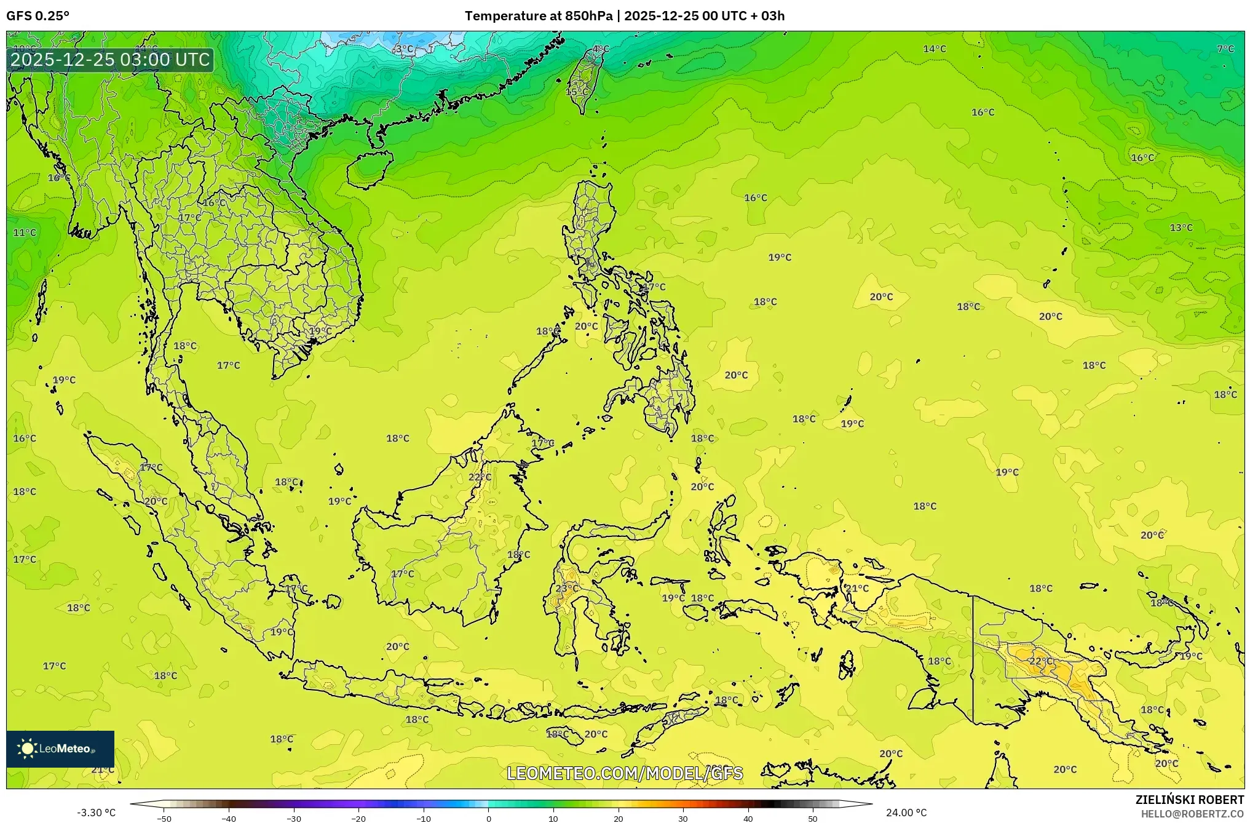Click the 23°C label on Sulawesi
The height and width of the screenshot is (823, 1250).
(x=566, y=589)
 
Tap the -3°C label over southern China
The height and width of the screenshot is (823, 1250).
(x=403, y=49)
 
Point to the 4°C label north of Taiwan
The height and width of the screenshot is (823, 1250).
(x=601, y=49)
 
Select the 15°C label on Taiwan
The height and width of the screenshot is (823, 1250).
(x=577, y=92)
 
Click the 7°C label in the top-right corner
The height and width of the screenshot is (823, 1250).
(x=1225, y=49)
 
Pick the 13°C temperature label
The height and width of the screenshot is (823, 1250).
(x=1181, y=228)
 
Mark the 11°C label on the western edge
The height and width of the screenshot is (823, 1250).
(x=25, y=233)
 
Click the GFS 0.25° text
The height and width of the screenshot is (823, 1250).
(x=38, y=16)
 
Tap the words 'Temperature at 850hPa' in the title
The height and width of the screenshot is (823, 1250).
(x=538, y=16)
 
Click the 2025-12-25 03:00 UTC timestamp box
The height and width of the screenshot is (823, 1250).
(x=110, y=60)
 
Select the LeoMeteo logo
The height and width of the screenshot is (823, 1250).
(x=60, y=749)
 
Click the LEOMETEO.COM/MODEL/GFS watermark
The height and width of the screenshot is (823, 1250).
(x=625, y=773)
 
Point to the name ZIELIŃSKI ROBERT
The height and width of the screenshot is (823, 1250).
(x=1189, y=800)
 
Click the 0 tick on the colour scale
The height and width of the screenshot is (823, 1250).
(x=489, y=819)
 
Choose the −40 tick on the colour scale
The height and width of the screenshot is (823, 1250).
(x=229, y=819)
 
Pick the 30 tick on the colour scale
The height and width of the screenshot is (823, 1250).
(x=683, y=819)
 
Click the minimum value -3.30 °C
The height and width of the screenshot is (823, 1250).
(x=96, y=813)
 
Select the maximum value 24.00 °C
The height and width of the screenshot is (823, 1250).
(x=906, y=813)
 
